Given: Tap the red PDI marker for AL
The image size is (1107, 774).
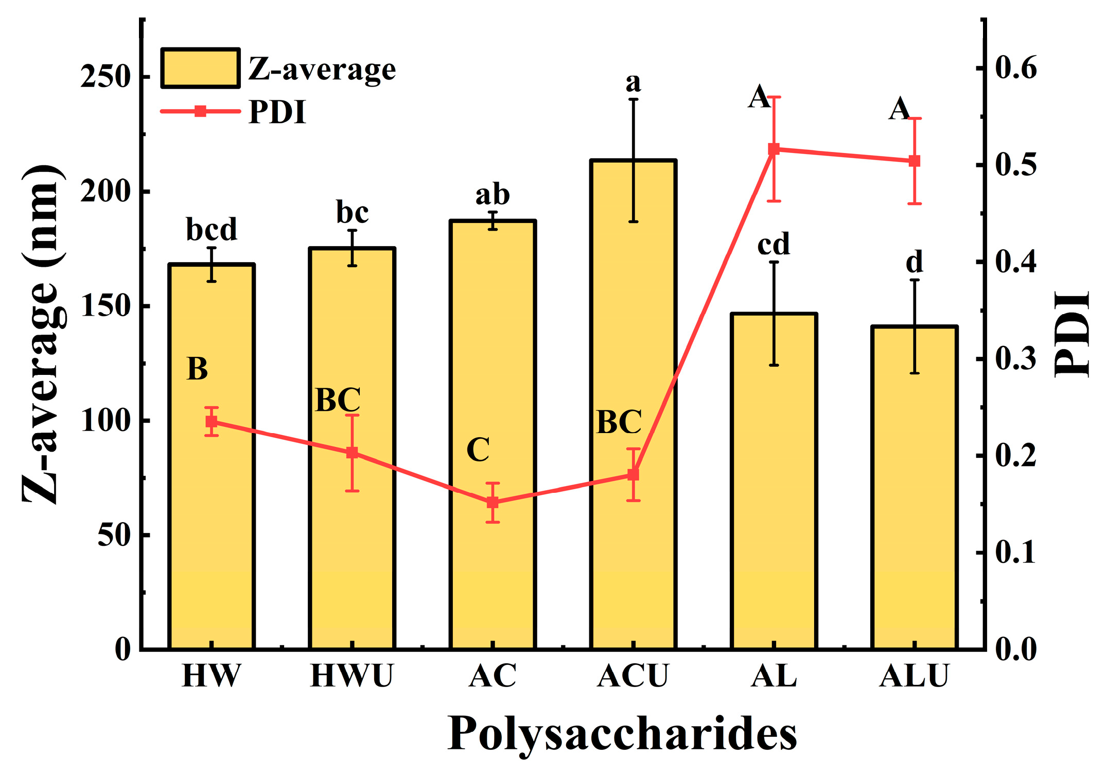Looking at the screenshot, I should [774, 149].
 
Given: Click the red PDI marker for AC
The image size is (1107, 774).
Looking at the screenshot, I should [493, 502].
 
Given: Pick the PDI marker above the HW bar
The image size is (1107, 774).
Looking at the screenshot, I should [212, 422].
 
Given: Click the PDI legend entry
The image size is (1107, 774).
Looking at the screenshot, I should [234, 111].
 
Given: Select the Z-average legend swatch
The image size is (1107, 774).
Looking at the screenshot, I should [200, 68].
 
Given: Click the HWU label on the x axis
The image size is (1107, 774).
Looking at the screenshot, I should [352, 676].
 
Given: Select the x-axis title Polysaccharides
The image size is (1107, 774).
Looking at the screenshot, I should [622, 734].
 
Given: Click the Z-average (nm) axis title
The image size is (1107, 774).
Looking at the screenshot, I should [44, 335].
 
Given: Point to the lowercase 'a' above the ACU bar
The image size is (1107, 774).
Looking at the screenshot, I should [633, 82].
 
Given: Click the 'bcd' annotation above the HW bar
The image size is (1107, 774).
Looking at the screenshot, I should [212, 229].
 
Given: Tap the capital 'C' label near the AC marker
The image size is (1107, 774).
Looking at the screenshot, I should [478, 450].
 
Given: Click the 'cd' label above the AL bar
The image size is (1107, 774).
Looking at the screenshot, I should [774, 244].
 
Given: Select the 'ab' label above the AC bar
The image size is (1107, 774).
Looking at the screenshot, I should [493, 195].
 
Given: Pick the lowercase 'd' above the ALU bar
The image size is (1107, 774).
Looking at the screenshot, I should [914, 262].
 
